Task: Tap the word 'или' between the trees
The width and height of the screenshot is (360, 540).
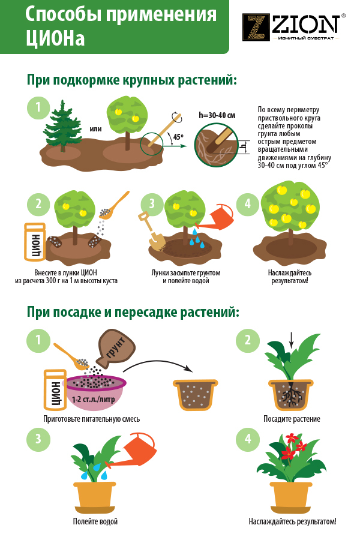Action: click(95, 129)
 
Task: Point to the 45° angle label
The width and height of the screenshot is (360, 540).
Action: click(178, 137)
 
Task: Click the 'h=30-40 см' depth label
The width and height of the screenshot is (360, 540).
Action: click(217, 115)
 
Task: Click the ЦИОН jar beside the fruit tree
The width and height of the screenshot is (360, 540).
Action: click(34, 242)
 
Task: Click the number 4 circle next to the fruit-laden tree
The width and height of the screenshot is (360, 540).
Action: click(247, 204)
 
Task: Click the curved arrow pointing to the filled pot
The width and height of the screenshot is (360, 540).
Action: click(157, 364)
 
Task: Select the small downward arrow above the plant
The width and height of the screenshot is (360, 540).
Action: click(292, 341)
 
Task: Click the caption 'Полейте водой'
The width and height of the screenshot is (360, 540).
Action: click(95, 521)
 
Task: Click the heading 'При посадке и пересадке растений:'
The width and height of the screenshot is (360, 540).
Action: click(133, 313)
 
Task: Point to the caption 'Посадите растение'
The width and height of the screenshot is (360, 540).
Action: click(292, 419)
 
